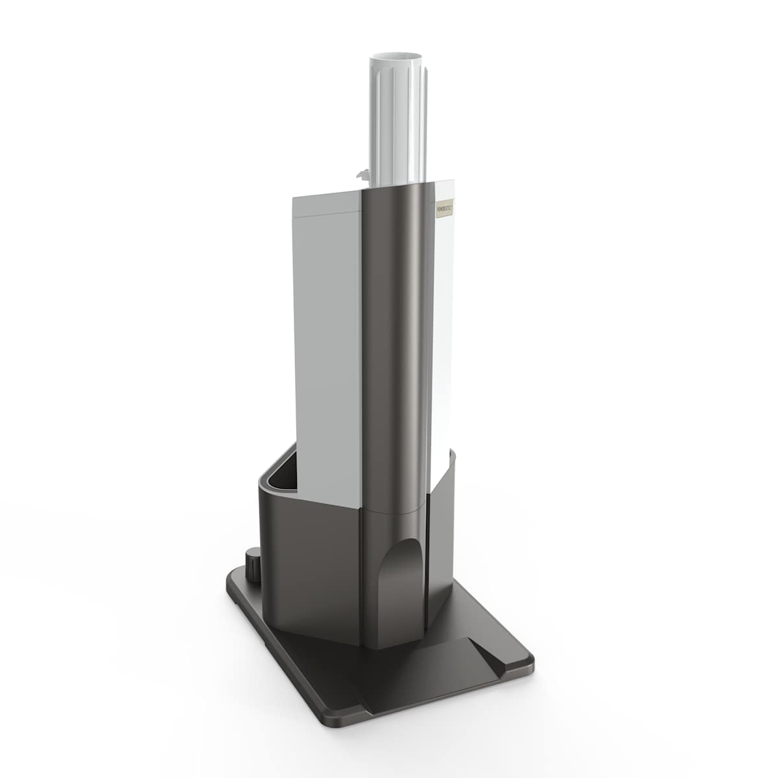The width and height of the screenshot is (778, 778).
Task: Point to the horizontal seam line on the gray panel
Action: point(324,212)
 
